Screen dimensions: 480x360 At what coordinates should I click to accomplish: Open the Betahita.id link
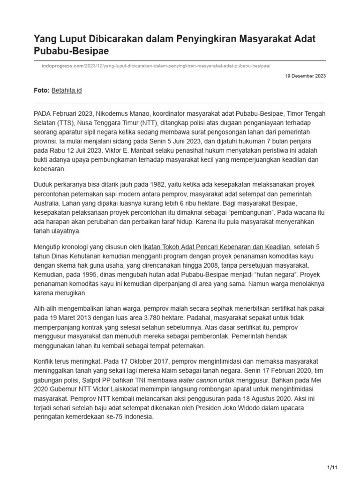(67, 90)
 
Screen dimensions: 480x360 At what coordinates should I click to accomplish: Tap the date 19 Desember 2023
(305, 76)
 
